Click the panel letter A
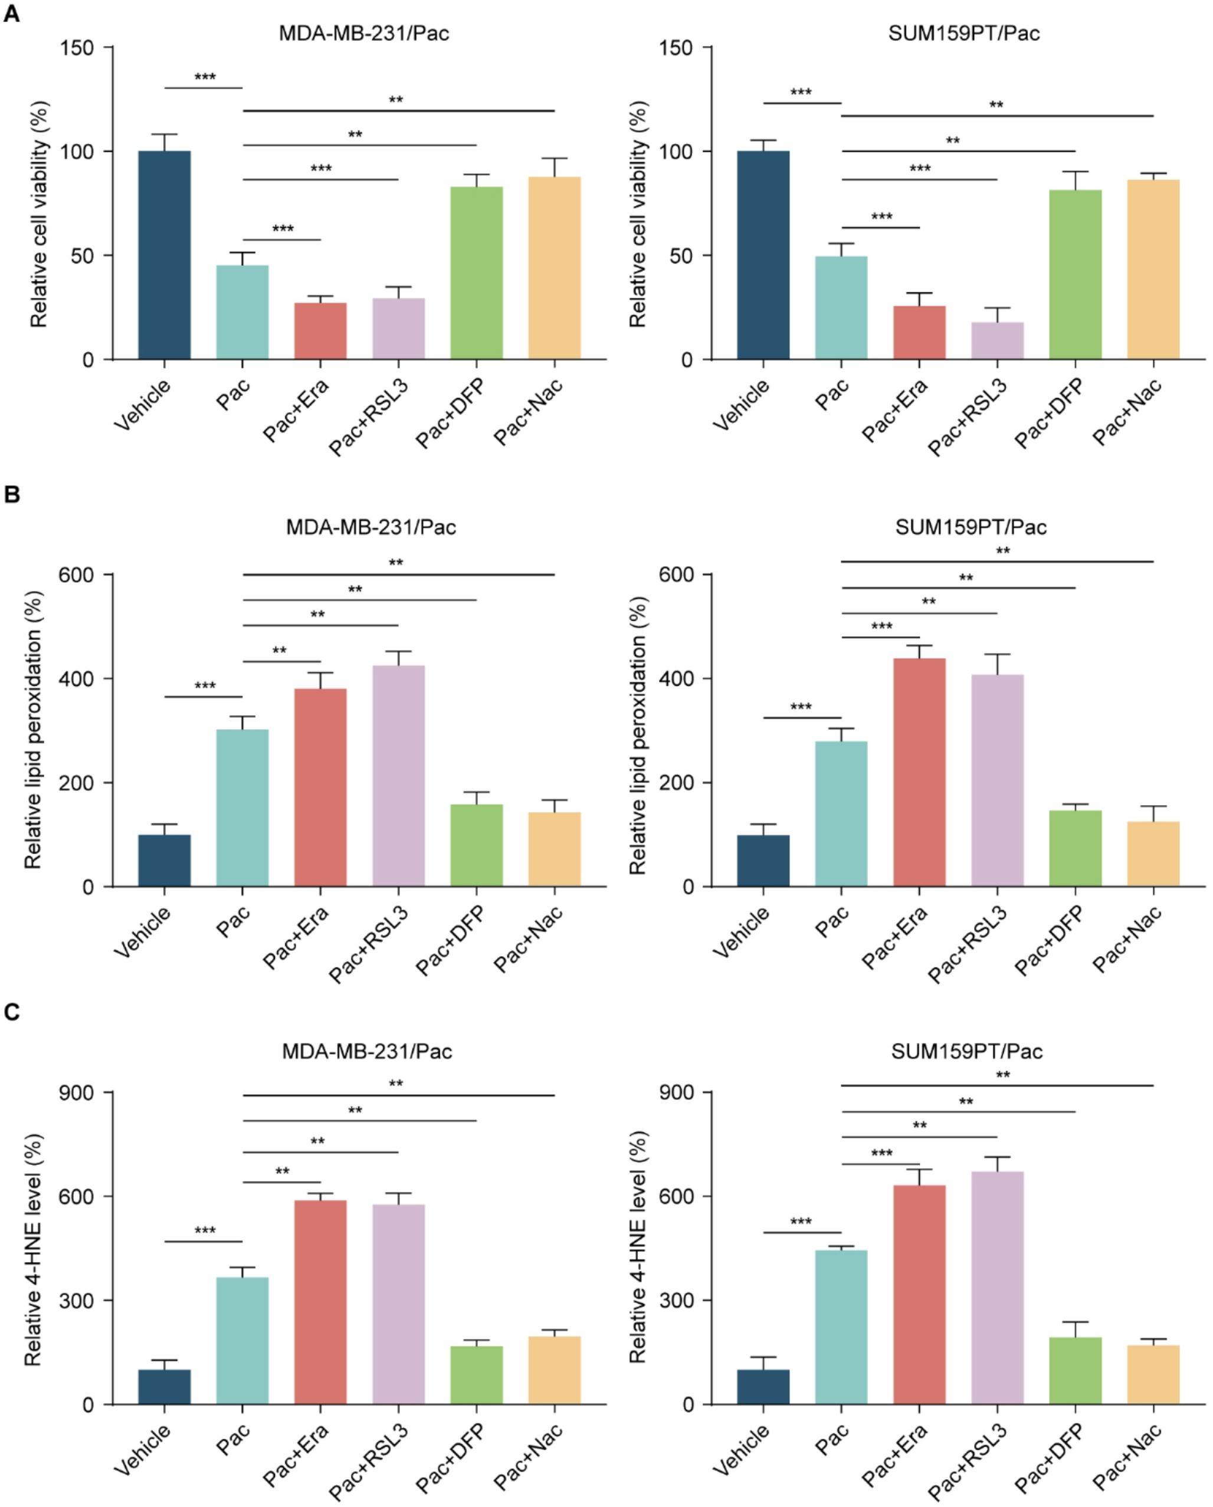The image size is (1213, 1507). [11, 14]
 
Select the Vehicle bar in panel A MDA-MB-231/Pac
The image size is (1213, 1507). [164, 255]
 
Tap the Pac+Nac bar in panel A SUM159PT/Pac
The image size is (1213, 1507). [1153, 270]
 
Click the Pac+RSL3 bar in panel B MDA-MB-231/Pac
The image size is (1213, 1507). [398, 776]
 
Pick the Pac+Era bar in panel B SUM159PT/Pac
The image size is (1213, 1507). [919, 772]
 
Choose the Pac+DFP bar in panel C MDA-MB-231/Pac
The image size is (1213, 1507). [476, 1374]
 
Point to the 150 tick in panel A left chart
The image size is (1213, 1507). [77, 48]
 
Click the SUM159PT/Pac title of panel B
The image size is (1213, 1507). [971, 527]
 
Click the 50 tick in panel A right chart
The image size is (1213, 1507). [681, 256]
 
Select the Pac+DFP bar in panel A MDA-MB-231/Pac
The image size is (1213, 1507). [476, 273]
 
